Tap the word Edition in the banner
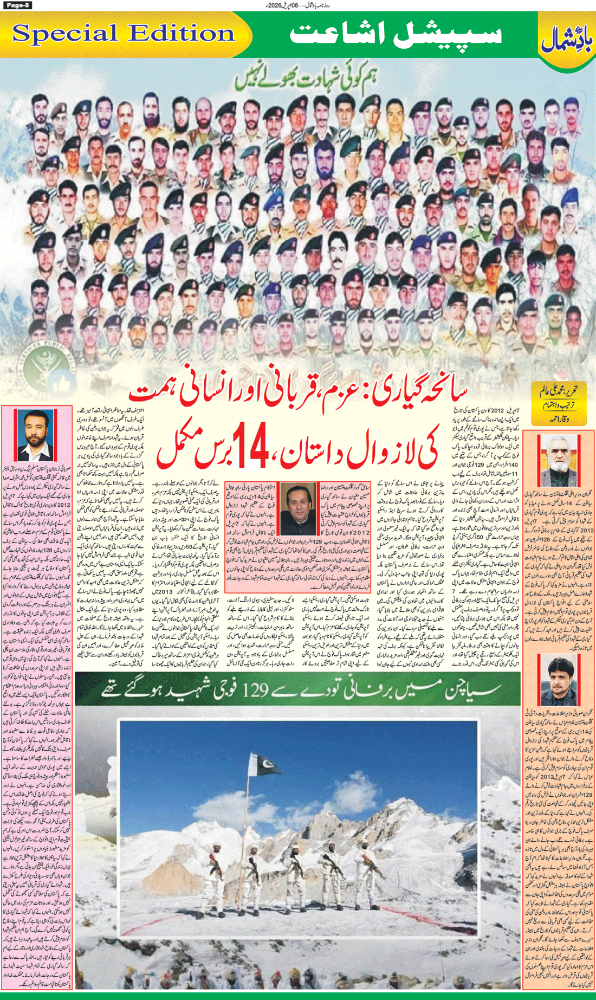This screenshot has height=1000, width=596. click(x=182, y=34)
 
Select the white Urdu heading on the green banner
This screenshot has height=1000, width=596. click(x=396, y=34)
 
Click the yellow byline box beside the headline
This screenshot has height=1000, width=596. click(x=559, y=404)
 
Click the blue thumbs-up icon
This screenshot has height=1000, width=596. click(x=63, y=385)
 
